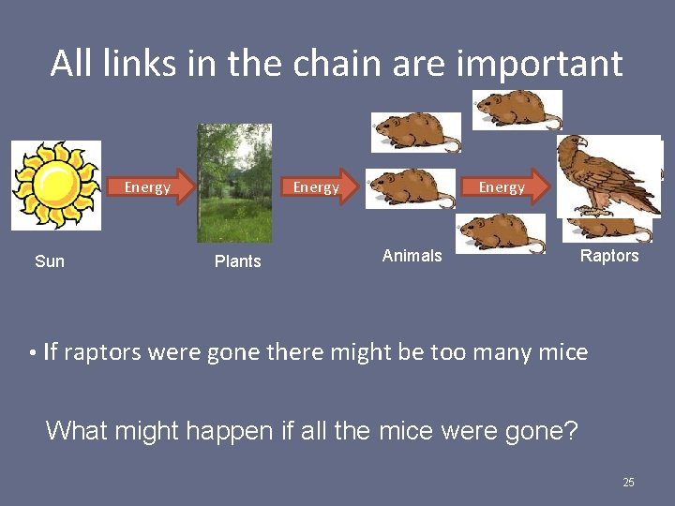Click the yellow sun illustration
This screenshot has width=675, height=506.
point(55,185)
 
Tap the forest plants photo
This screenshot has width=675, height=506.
point(234,183)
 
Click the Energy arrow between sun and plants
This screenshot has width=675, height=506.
point(154,187)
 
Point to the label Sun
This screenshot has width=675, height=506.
point(50,261)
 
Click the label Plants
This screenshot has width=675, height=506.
point(238,261)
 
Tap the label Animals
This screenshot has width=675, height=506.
point(412,256)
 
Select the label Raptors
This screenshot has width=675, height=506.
point(609,256)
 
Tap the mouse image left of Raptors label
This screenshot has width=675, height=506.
point(501,233)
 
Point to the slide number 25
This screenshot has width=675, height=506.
point(628,483)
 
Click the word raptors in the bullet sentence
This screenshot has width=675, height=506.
point(103,352)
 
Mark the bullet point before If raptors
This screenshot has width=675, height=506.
point(32,353)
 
